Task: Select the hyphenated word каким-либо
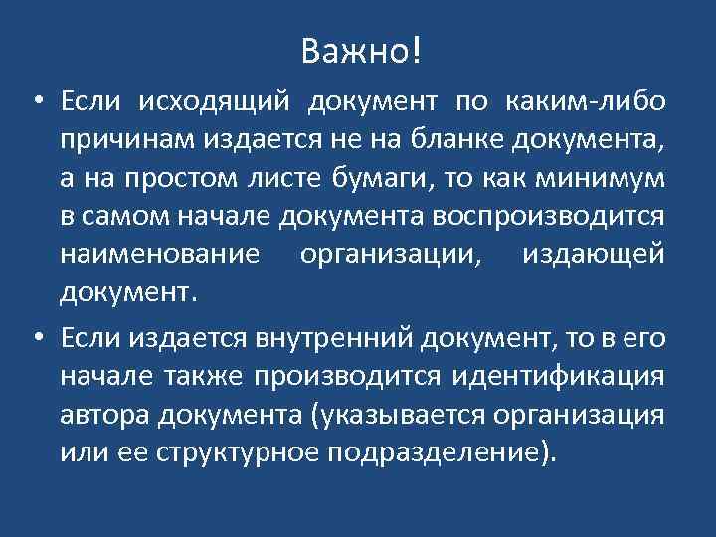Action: [586, 103]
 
